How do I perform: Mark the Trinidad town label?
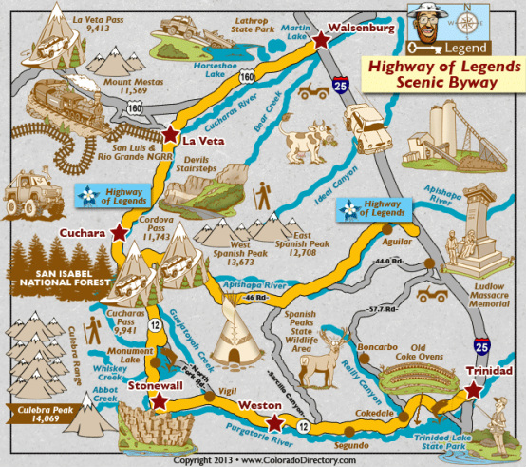[x=490, y=370]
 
